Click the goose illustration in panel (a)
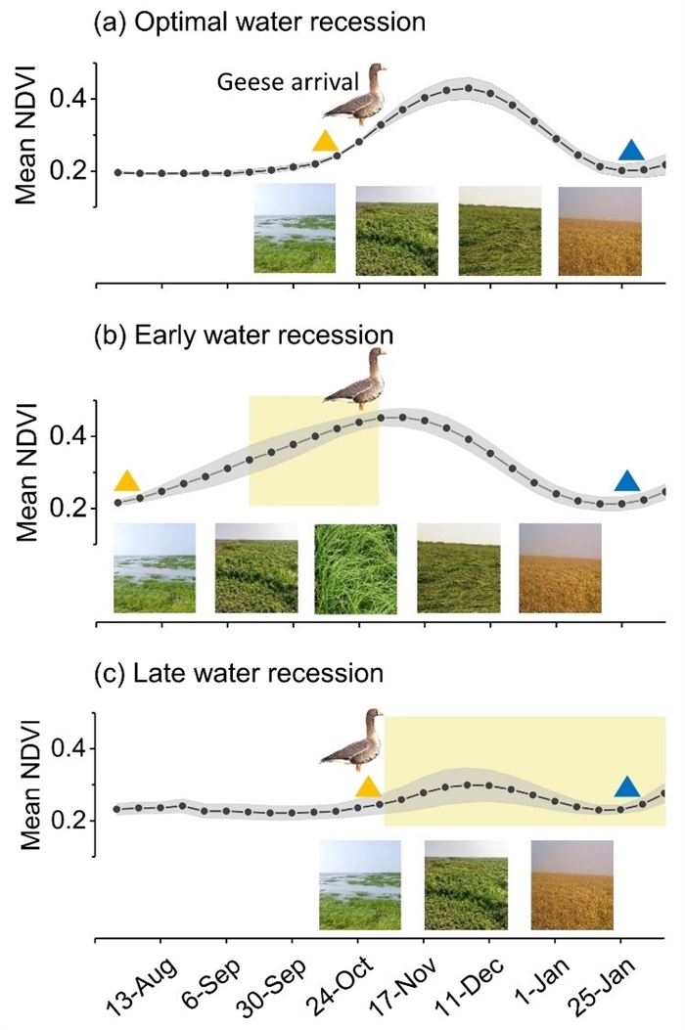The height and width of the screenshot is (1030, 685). (356, 94)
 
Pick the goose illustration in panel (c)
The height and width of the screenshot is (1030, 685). (352, 740)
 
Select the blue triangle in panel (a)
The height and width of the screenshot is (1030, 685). (632, 150)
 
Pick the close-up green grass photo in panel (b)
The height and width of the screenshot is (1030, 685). (355, 568)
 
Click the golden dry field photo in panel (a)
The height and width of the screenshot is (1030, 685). (600, 230)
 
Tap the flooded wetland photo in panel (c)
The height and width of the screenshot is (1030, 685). (360, 886)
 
